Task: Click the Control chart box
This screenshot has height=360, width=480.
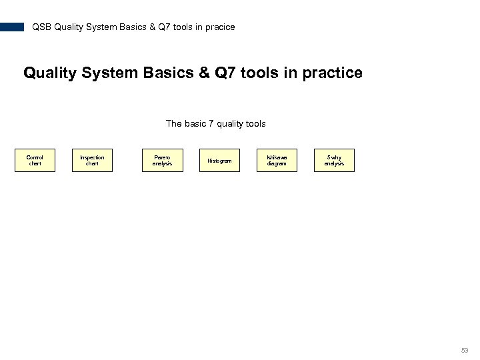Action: point(35,161)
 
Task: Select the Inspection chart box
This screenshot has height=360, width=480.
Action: point(92,161)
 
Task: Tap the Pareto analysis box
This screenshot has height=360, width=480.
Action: point(162,161)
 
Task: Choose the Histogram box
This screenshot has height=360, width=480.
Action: point(219,161)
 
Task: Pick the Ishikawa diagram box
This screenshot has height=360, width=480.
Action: point(277,161)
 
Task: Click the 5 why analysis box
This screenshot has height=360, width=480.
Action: point(334,161)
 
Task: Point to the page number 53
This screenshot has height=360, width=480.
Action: point(465,351)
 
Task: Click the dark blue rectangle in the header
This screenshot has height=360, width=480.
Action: point(12,27)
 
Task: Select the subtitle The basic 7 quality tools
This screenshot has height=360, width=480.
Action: point(215,123)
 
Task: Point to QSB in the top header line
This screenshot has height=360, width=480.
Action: point(41,27)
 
